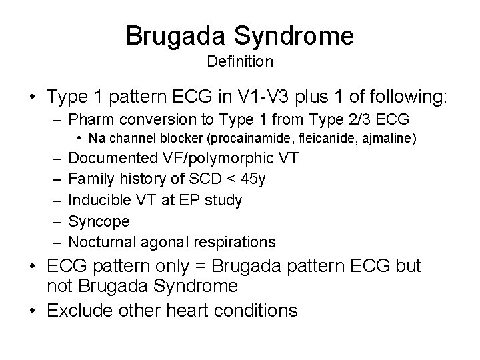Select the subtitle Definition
click(240, 62)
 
